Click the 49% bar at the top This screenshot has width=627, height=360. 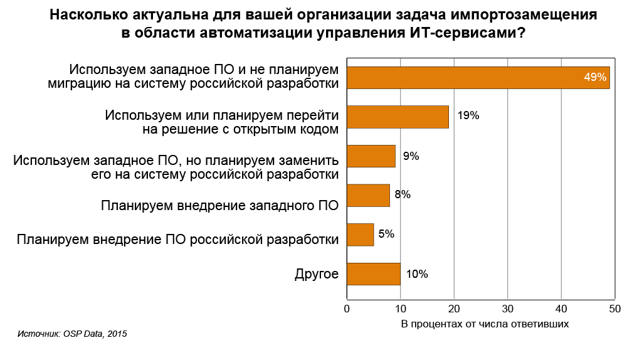[478, 78]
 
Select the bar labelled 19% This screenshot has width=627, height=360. [398, 117]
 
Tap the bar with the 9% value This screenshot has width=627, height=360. [371, 156]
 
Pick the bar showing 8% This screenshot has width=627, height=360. [368, 195]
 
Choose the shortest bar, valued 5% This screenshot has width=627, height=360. [360, 235]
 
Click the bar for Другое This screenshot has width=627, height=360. [373, 274]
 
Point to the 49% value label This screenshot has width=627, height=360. [595, 78]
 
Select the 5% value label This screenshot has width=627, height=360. [386, 234]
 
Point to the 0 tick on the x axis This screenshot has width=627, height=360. [347, 309]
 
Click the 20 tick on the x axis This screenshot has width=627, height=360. [454, 309]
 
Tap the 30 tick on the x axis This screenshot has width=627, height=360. [508, 309]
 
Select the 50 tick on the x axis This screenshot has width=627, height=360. [614, 309]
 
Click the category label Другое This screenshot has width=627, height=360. [317, 274]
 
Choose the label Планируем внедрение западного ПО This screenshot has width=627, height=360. [219, 205]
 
